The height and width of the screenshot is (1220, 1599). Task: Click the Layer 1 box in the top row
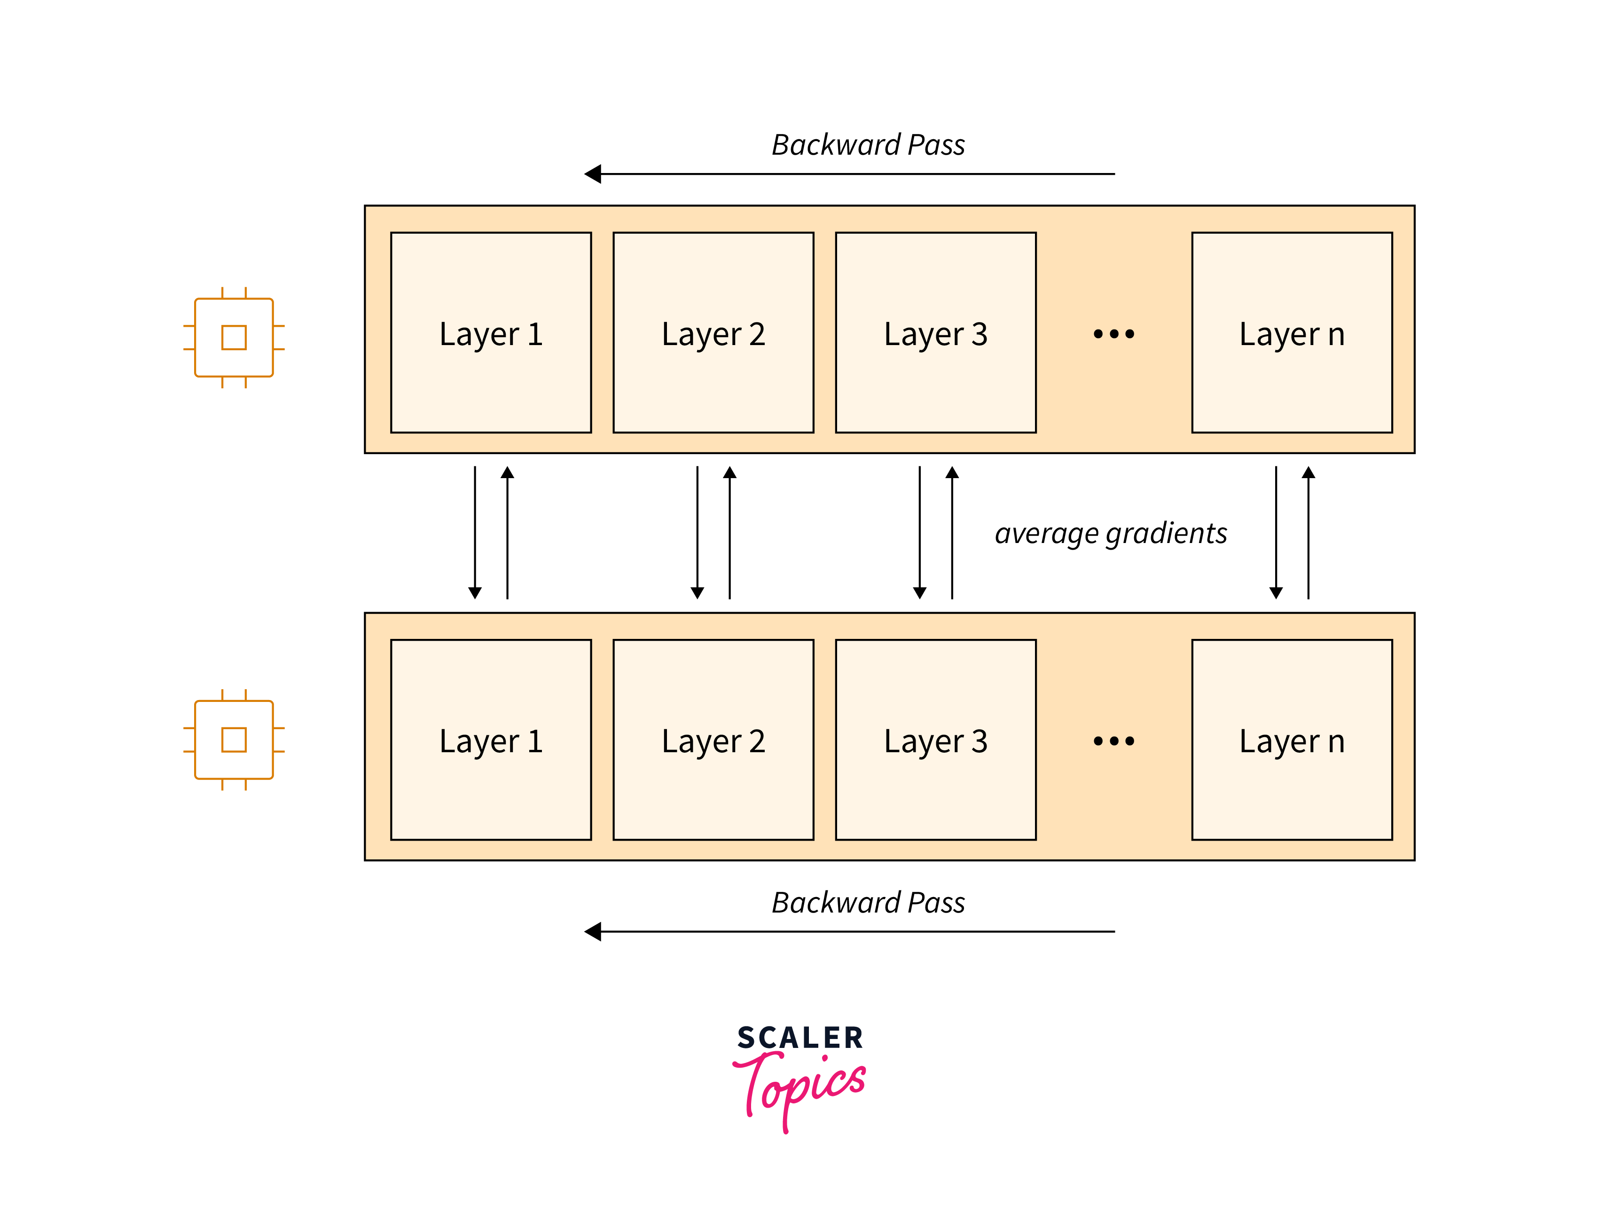(x=491, y=332)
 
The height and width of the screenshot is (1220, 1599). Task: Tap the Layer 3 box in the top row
(x=936, y=332)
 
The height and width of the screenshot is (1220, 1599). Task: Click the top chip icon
(x=234, y=338)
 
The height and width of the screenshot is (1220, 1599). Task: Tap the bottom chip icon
(x=234, y=739)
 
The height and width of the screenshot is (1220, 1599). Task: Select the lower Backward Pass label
(x=868, y=903)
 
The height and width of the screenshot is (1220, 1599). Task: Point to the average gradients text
(x=1111, y=533)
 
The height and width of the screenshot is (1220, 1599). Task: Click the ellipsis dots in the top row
(x=1113, y=334)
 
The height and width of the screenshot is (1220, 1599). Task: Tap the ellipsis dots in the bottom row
(x=1113, y=741)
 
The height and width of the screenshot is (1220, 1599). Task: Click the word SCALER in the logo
(x=800, y=1038)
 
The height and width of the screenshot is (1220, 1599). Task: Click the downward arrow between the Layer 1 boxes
(x=475, y=532)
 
